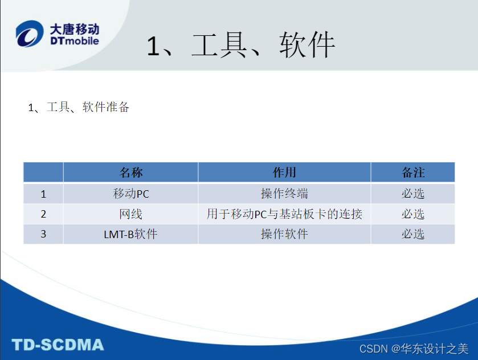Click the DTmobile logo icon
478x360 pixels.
tap(29, 34)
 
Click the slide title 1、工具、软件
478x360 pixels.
tap(240, 46)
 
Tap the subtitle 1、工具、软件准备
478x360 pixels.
tap(79, 107)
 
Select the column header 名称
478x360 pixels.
tap(130, 173)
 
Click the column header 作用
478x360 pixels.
tap(284, 173)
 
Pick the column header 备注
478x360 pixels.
tap(412, 173)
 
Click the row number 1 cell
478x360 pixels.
tap(43, 194)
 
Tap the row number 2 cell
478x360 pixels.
tap(43, 214)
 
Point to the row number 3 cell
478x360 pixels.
tap(43, 234)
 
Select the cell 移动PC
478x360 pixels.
tap(130, 194)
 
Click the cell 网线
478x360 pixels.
tap(130, 214)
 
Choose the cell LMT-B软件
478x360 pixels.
tap(130, 234)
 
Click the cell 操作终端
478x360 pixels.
tap(284, 194)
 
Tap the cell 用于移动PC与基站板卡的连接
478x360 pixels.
tap(284, 214)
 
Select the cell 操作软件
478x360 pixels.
tap(284, 234)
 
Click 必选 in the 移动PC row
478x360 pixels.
tap(412, 194)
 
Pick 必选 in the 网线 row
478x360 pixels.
tap(412, 214)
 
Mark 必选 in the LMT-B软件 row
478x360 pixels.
tap(412, 234)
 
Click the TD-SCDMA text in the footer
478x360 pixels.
tap(58, 345)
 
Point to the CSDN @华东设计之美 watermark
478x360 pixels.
tap(414, 348)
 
